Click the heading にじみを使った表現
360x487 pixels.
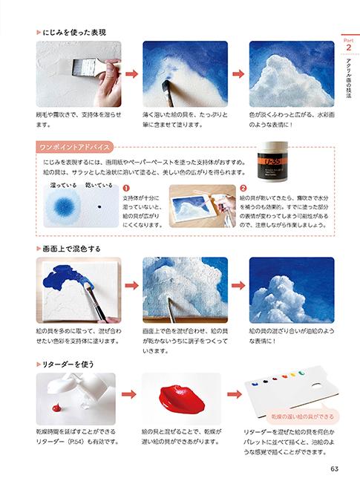click(74, 33)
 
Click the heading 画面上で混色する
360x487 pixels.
click(71, 249)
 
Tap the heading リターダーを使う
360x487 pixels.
click(68, 364)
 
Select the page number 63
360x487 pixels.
click(334, 468)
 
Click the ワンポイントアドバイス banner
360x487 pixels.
click(74, 147)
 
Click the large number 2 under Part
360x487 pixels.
click(349, 48)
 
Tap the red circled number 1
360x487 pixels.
click(126, 189)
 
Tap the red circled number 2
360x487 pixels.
click(243, 189)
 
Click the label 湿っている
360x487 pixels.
click(63, 185)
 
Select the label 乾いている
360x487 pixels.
click(99, 185)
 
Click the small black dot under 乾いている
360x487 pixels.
click(99, 206)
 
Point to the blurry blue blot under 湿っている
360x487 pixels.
click(63, 206)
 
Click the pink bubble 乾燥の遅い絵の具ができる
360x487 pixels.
click(302, 416)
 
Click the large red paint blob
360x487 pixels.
click(181, 399)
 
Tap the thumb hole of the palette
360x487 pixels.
click(316, 386)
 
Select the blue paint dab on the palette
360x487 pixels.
click(254, 385)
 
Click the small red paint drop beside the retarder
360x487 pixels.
click(57, 407)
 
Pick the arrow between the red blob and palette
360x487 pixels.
click(235, 394)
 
